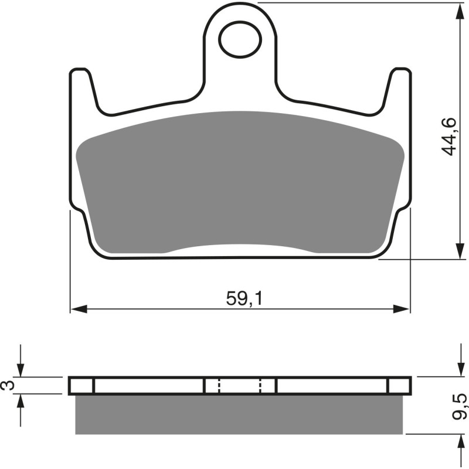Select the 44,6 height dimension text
(x=450, y=135)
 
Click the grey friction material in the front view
(x=240, y=182)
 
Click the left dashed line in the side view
(x=219, y=386)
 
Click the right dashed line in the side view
(x=260, y=386)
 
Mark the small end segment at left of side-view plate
(x=81, y=386)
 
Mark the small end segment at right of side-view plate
(x=399, y=386)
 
